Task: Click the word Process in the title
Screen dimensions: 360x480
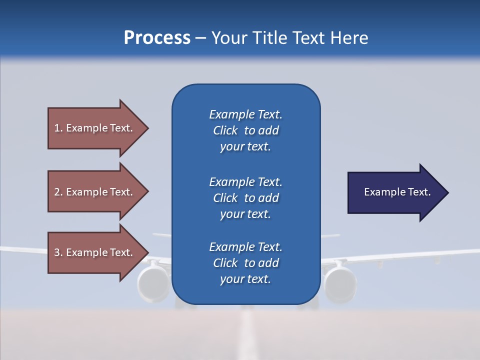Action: (x=157, y=38)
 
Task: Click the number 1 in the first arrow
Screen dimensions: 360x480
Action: (x=57, y=128)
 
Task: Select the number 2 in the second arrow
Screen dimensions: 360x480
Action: (x=57, y=192)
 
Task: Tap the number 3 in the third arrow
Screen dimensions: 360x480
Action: (x=57, y=252)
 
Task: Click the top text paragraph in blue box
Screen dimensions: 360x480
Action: (x=245, y=130)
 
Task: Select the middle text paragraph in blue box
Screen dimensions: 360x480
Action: (x=245, y=198)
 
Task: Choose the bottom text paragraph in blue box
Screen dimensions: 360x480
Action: (x=245, y=263)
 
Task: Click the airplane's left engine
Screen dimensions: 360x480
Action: (x=153, y=283)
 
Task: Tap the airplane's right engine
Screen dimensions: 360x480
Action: (x=340, y=283)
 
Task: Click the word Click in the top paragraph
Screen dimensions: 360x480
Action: (x=225, y=130)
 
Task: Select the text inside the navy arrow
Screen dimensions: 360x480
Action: (x=397, y=192)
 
